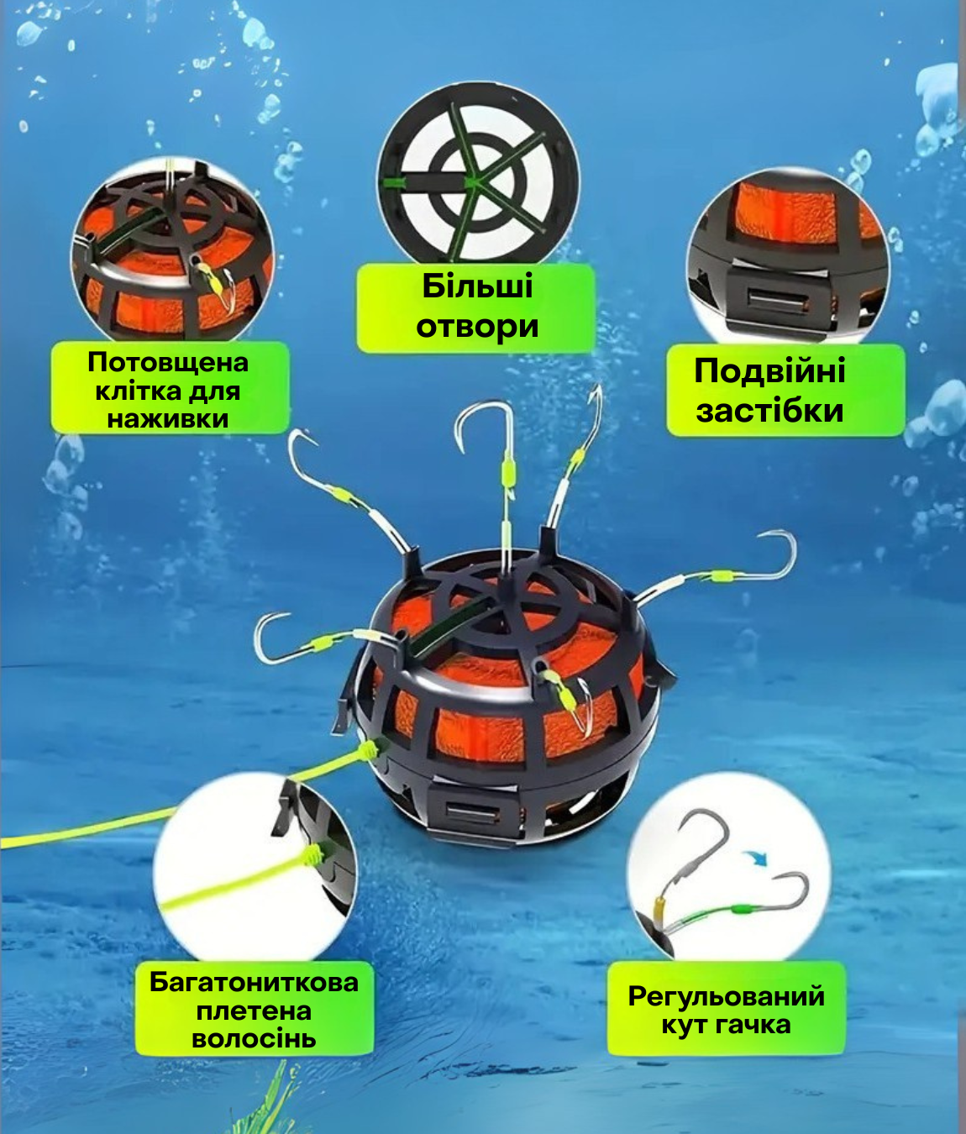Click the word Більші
(477, 286)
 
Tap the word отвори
(477, 327)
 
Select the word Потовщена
(168, 363)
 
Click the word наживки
(168, 418)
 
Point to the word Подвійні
(769, 371)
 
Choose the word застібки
(769, 412)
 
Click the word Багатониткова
(254, 982)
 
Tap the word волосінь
(254, 1038)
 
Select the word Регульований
(727, 997)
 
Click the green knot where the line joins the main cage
(370, 747)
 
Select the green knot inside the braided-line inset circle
(314, 855)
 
